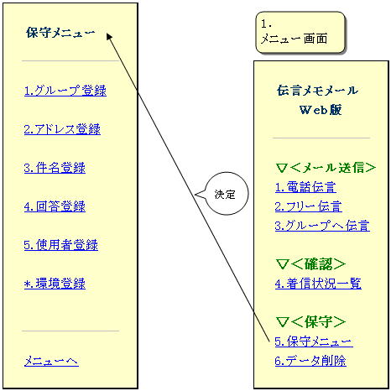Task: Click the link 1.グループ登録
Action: [65, 91]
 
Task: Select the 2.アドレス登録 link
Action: [62, 129]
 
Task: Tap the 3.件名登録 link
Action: [55, 168]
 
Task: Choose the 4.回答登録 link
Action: [55, 206]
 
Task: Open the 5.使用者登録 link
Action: [61, 245]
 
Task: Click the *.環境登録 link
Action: [55, 284]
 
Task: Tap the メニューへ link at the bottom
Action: [51, 361]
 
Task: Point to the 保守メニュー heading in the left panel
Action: [60, 33]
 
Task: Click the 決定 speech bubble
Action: [225, 194]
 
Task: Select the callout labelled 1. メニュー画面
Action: [300, 33]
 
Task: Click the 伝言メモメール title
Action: [317, 91]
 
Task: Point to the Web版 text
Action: [321, 110]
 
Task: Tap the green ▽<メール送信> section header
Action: [326, 168]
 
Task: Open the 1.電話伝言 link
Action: [305, 187]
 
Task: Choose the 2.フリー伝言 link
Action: [308, 206]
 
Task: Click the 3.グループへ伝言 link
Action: [322, 226]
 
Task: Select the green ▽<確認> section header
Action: [310, 264]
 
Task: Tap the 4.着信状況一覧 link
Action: [318, 284]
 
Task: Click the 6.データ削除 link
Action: [310, 361]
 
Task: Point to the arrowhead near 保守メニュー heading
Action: [109, 37]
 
